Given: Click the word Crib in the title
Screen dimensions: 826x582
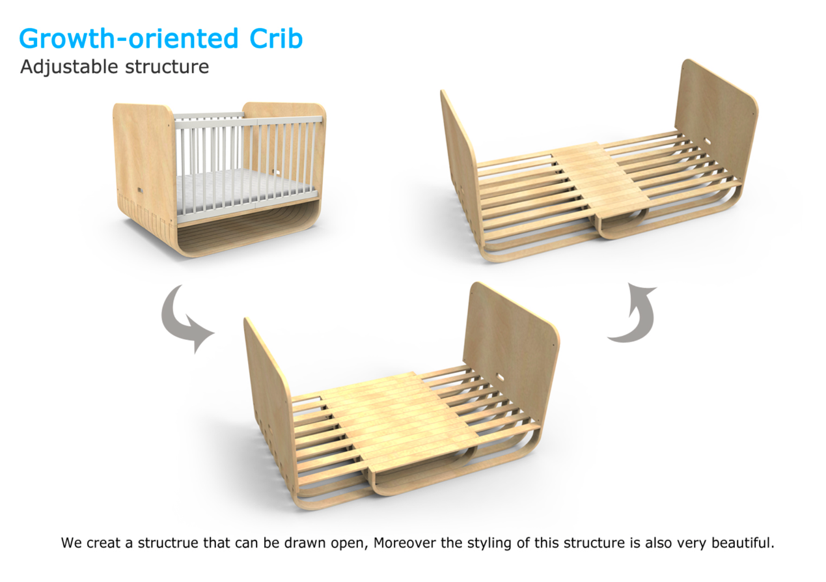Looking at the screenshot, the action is (276, 38).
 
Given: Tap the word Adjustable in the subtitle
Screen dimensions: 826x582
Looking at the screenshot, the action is (69, 68).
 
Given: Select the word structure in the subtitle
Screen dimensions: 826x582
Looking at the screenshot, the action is (167, 67).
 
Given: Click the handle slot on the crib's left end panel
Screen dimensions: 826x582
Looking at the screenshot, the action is (141, 190).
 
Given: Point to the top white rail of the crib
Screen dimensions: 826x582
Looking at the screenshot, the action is (248, 122).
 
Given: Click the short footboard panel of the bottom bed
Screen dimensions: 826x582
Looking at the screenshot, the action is (269, 398).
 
